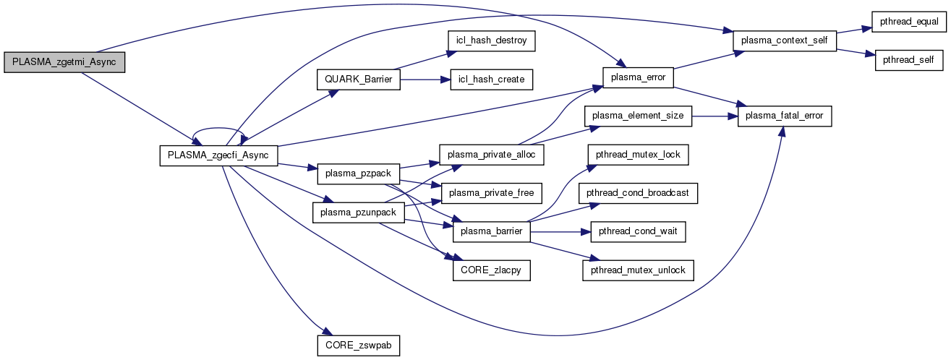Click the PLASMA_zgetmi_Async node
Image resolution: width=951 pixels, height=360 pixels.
(64, 63)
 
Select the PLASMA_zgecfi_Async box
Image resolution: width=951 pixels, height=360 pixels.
(218, 156)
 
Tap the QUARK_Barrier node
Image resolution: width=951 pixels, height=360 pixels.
(359, 79)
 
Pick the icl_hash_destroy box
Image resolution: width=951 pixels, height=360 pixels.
(490, 41)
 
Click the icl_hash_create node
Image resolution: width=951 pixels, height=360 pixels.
(490, 79)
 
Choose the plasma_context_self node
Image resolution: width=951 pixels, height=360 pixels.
(785, 41)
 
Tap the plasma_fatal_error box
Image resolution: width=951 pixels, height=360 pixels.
(785, 116)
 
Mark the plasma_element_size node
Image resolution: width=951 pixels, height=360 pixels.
(638, 116)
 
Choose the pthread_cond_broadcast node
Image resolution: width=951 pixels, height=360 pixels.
(638, 193)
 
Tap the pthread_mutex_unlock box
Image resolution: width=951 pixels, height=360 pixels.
(638, 270)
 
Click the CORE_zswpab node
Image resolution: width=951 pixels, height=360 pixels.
(359, 345)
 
